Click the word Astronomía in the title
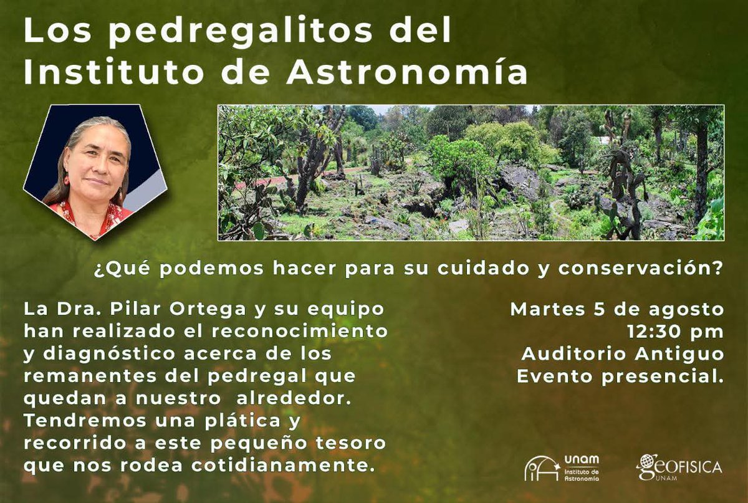tap(406, 73)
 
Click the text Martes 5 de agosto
tap(617, 309)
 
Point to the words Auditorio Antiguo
tap(623, 354)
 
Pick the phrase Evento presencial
tap(620, 376)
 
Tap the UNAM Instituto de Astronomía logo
tap(561, 467)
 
